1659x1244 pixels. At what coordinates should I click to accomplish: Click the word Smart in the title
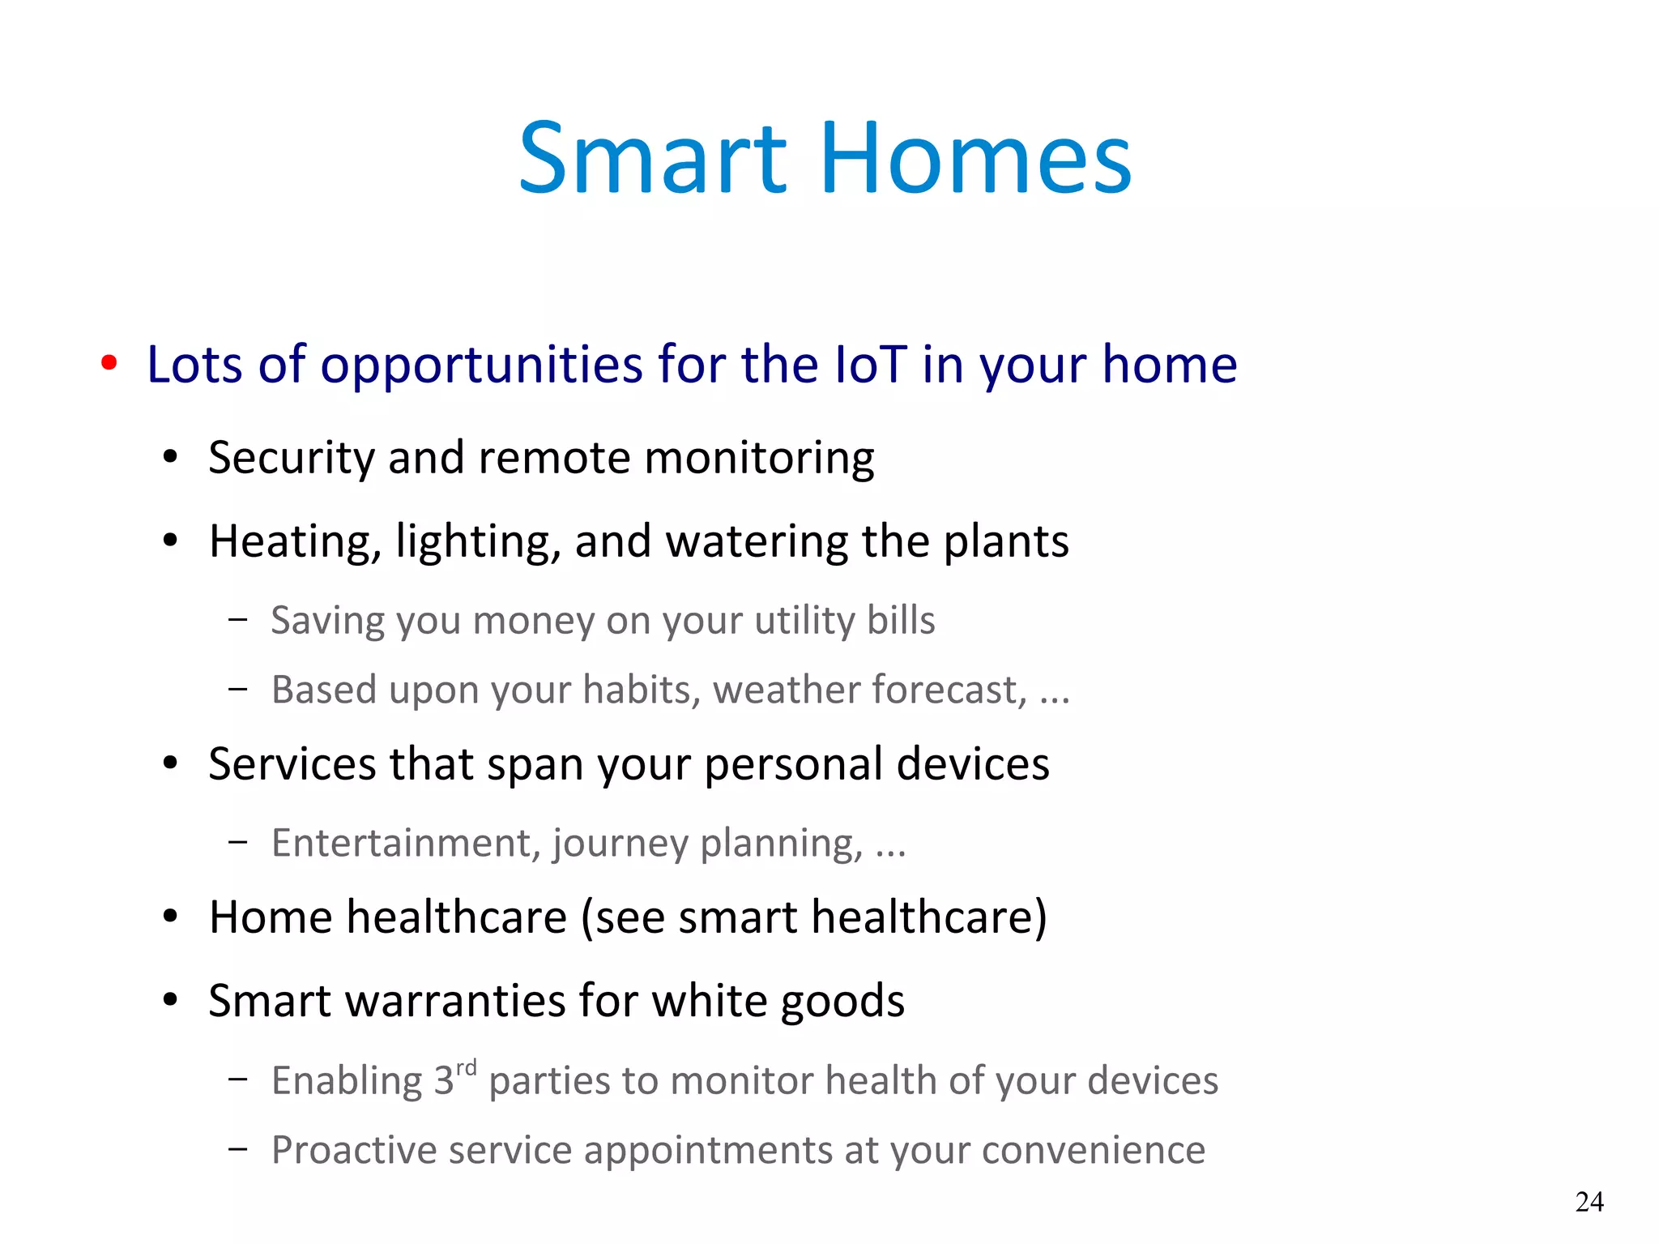pyautogui.click(x=652, y=158)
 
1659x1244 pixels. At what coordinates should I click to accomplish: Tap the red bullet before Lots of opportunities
pyautogui.click(x=109, y=362)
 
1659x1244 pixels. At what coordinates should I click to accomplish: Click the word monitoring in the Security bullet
pyautogui.click(x=759, y=459)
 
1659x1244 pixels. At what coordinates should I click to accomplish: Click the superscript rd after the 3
pyautogui.click(x=466, y=1068)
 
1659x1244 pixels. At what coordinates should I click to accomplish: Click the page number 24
pyautogui.click(x=1589, y=1201)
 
